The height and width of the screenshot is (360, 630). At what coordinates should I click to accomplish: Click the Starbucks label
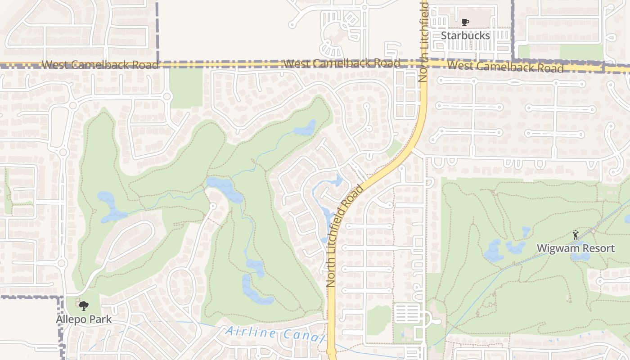point(465,35)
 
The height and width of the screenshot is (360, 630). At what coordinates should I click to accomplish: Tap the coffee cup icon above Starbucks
point(465,22)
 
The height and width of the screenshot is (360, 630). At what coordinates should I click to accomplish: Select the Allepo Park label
point(84,319)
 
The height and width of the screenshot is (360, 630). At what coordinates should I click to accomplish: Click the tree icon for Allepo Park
point(83,306)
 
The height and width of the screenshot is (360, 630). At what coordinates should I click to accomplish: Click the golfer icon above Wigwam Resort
point(576,235)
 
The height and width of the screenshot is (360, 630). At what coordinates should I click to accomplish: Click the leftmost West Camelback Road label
point(100,65)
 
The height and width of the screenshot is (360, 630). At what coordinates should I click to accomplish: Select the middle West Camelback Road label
point(342,63)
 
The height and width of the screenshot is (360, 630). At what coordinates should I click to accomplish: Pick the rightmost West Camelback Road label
point(505,67)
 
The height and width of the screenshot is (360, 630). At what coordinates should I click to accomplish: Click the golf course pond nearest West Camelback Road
point(306,128)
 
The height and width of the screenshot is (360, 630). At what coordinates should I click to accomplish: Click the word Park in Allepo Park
point(100,319)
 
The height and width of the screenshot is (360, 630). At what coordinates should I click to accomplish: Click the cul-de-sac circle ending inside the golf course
point(213,206)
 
